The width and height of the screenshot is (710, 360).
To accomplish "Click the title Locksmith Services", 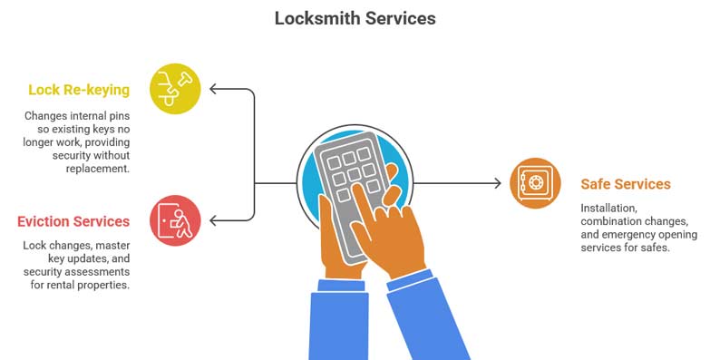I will coord(355,18).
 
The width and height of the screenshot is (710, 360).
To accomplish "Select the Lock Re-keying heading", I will coord(78,90).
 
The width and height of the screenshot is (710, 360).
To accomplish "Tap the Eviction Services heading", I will coord(73,221).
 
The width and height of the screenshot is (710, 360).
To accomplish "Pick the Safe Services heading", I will coord(625,184).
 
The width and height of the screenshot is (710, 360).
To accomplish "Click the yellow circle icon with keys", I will coord(175,88).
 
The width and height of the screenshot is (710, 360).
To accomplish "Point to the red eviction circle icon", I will coord(175,220).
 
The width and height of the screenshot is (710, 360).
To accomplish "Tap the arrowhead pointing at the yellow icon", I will coord(214,89).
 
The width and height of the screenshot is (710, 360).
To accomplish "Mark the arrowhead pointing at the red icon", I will coord(214,220).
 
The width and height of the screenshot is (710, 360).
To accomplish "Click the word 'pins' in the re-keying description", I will coord(116,116).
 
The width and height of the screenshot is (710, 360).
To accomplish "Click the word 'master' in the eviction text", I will coord(115,246).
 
